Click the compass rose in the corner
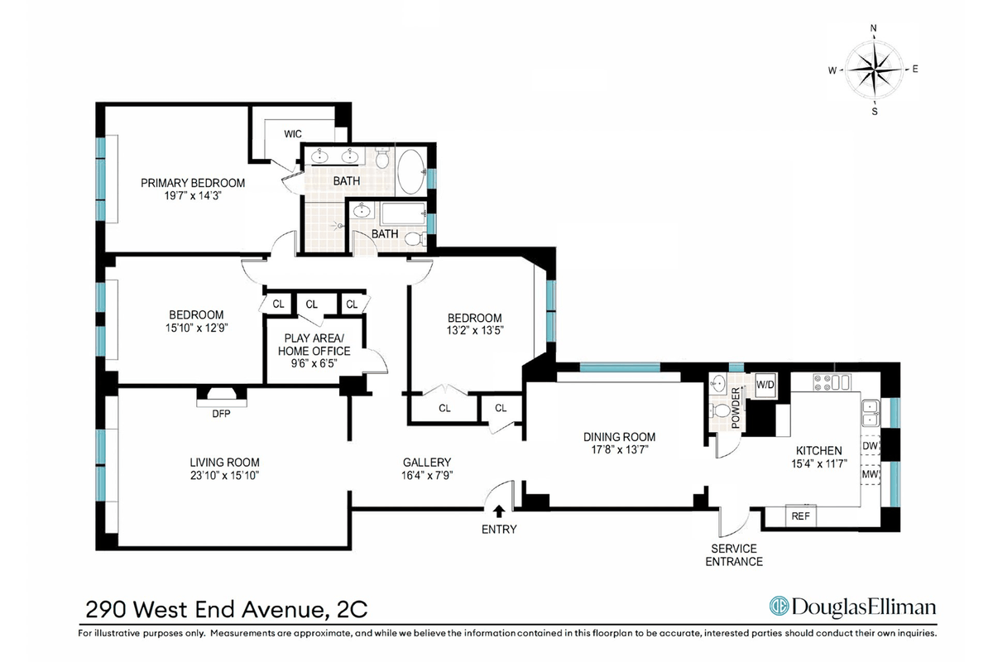(x=873, y=70)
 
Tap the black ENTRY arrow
(x=499, y=511)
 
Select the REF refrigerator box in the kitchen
(x=801, y=516)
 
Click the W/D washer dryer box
(x=765, y=385)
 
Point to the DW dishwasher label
(x=871, y=446)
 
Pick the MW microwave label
(x=871, y=474)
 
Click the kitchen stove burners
(x=832, y=382)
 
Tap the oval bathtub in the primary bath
(x=411, y=171)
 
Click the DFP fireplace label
(x=221, y=414)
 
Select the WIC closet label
(x=293, y=134)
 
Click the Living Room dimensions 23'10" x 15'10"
(x=224, y=475)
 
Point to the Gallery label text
(x=427, y=463)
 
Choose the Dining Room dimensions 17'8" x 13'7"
(x=619, y=449)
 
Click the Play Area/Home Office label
(x=314, y=344)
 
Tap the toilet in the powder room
(x=720, y=410)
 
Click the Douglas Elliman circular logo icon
(x=779, y=606)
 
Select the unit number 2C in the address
(x=353, y=609)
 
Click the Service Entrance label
(x=734, y=555)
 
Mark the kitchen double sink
(x=871, y=413)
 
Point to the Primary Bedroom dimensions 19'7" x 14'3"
(x=193, y=196)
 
